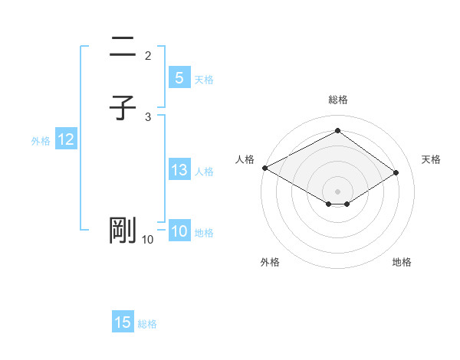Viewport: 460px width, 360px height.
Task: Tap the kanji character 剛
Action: (123, 231)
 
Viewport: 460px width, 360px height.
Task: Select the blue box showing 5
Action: (178, 77)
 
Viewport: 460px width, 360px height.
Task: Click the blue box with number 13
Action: (179, 170)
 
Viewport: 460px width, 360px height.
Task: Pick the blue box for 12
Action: (65, 139)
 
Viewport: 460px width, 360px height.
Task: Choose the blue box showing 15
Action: (123, 322)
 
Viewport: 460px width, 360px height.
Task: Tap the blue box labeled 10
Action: (179, 231)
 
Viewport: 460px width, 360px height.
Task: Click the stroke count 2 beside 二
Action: (148, 55)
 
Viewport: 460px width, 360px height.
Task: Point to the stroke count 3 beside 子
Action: (148, 116)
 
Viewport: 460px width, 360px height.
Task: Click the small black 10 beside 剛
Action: (147, 240)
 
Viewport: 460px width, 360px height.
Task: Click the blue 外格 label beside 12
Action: (41, 141)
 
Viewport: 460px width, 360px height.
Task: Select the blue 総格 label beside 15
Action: (147, 324)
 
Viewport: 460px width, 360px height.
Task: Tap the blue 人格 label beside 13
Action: (205, 172)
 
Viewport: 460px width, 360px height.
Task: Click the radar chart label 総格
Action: (337, 100)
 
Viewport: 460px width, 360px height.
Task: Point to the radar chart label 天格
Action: (432, 159)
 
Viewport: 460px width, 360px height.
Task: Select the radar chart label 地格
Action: (402, 262)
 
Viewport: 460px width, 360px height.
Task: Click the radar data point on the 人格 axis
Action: (264, 168)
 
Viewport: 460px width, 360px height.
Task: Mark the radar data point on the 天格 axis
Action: (396, 172)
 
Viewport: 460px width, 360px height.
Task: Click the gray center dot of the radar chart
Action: (337, 191)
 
